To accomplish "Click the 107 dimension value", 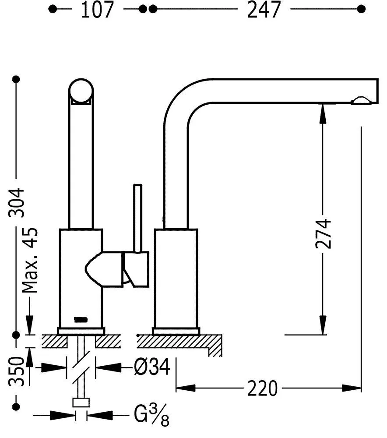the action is click(x=97, y=10).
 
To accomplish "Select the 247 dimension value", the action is click(x=264, y=10).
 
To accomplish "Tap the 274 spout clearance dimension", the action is click(x=323, y=234).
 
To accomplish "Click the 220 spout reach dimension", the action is click(x=263, y=388).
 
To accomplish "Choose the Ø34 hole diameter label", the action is click(x=152, y=367).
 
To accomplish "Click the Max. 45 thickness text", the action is click(x=30, y=260).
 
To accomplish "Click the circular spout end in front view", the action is click(x=81, y=90).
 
